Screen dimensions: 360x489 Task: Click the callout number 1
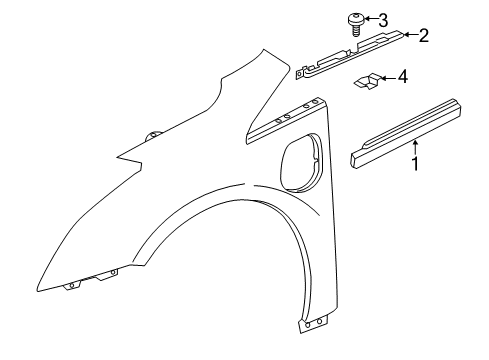pos(416,163)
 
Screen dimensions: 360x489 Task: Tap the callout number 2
pos(423,36)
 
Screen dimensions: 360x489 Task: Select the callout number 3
pos(384,17)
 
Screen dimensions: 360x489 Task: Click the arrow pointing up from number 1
pos(416,147)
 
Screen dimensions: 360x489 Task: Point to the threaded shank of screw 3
pos(354,29)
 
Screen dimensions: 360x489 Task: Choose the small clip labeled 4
pos(366,81)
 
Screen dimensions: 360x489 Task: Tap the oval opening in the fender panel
pos(300,161)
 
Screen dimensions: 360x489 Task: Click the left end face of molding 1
pos(355,157)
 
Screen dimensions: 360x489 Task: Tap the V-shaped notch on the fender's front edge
pos(120,157)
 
